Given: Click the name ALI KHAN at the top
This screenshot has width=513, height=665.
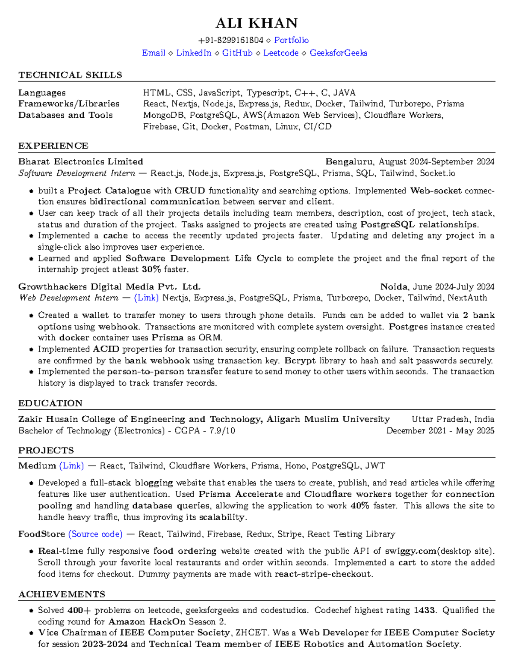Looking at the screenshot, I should click(256, 23).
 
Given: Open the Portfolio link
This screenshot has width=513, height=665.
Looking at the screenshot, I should click(291, 40).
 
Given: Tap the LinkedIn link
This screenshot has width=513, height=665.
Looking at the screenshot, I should click(194, 53).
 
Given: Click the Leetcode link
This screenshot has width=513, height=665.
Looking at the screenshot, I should click(280, 53).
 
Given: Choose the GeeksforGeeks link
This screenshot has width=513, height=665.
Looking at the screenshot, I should click(338, 53).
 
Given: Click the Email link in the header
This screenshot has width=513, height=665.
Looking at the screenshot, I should click(153, 53).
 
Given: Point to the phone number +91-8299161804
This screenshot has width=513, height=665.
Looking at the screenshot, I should click(231, 40).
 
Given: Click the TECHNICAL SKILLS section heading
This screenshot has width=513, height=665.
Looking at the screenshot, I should click(70, 75).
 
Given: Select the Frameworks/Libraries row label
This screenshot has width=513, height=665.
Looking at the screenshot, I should click(69, 104).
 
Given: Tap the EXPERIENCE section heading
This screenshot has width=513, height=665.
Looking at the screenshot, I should click(53, 146).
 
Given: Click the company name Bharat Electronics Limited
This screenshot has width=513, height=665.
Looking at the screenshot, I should click(80, 161).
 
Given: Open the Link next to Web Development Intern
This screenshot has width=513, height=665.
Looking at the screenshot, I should click(146, 298).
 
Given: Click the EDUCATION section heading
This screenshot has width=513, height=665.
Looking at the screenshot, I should click(50, 403).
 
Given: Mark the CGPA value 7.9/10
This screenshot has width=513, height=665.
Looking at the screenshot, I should click(222, 431).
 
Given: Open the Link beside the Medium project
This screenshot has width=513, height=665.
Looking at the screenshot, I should click(71, 466).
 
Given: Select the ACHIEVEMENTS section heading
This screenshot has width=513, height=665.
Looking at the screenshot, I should click(62, 594).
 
